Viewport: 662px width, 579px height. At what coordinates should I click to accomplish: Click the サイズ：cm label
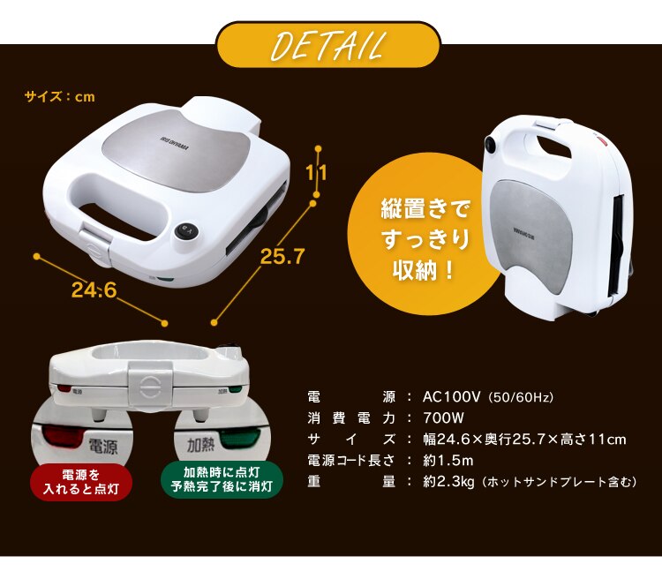[59, 96]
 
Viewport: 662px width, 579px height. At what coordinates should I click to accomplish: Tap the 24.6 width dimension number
[94, 289]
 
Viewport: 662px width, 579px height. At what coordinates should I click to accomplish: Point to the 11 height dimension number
[317, 172]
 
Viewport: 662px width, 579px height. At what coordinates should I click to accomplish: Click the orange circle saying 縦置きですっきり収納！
[425, 238]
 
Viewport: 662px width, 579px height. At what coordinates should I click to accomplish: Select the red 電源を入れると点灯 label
[80, 480]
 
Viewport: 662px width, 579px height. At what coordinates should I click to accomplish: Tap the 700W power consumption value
[443, 418]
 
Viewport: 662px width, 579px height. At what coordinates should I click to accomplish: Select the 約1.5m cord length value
[448, 461]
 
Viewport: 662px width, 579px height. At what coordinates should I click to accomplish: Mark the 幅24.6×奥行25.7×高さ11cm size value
[524, 440]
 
